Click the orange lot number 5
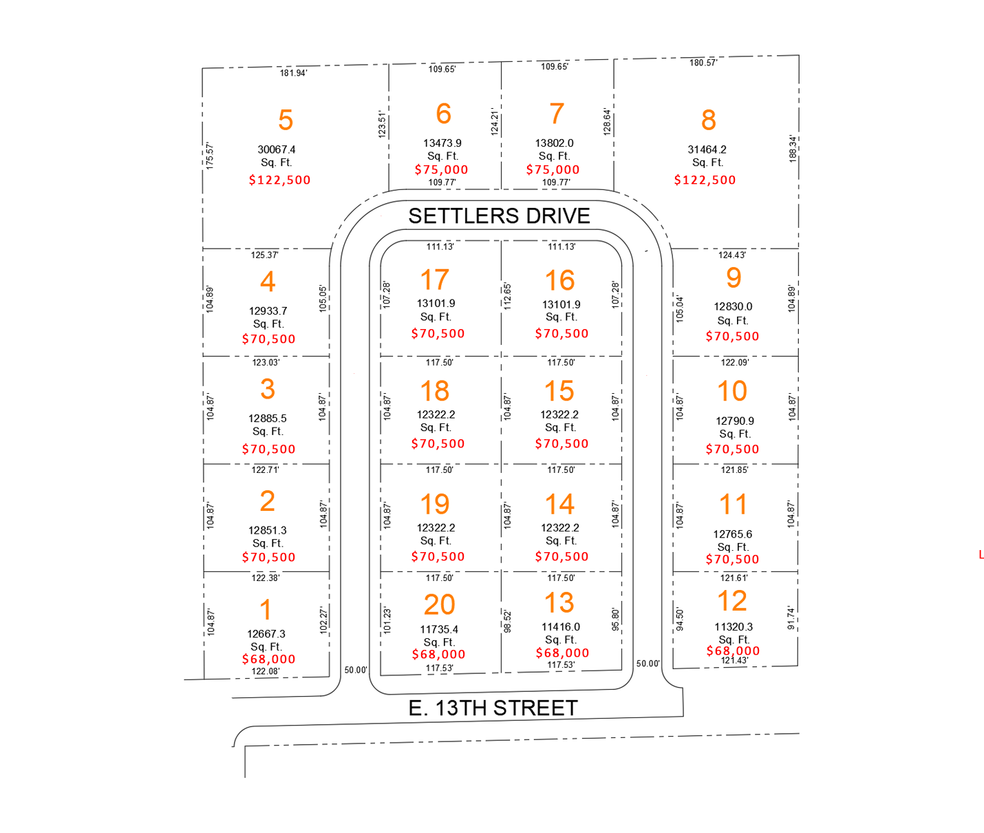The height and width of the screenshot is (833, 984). point(286,120)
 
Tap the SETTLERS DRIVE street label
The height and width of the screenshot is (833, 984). point(499,216)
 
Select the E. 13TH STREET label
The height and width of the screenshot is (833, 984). point(493,708)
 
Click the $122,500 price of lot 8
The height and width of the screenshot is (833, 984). point(705,180)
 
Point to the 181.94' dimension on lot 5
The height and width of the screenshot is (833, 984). point(293,73)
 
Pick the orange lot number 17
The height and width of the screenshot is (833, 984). point(435,280)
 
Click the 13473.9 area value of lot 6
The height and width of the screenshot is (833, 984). point(442,143)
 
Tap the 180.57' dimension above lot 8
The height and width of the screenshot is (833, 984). point(703,63)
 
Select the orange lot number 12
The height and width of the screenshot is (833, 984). point(732,602)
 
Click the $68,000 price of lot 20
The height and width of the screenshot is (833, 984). point(438,655)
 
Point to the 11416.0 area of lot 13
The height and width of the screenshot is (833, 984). point(560,627)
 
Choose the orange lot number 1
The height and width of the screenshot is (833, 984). point(266,610)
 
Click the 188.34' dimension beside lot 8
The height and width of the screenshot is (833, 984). point(793,148)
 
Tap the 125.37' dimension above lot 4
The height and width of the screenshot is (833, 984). point(264,255)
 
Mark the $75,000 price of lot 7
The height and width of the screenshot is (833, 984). point(553,170)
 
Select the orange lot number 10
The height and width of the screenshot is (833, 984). point(732,392)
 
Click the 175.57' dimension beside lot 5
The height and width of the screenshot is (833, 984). point(210,156)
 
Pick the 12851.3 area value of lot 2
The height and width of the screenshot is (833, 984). point(268,531)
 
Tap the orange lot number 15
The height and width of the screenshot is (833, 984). point(559,392)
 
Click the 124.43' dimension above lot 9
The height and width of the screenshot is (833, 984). point(732,255)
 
